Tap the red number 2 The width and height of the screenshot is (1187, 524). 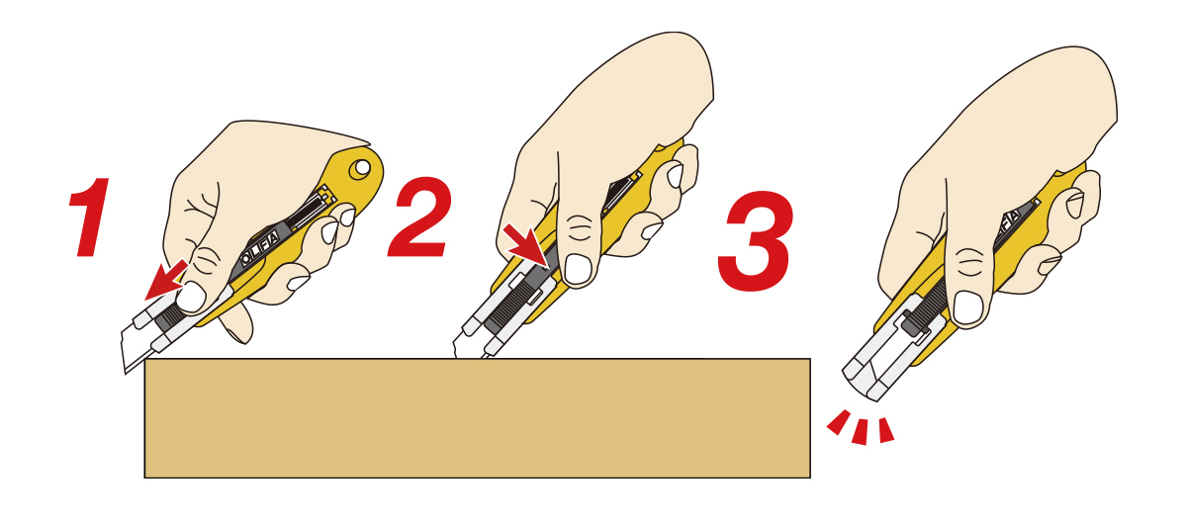pos(419,218)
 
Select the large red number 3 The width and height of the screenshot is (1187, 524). pos(756,241)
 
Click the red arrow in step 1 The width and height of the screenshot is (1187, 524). pos(166,279)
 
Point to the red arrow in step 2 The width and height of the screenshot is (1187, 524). pos(526,245)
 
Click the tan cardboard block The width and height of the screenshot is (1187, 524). pos(478,418)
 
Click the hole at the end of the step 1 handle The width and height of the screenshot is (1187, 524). pos(361,167)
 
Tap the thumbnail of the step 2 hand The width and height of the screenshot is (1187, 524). pos(578,269)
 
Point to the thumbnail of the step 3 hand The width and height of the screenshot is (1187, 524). pos(967,307)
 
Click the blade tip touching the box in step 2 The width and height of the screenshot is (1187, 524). pos(455,356)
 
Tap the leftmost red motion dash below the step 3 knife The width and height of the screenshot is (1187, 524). pos(839,422)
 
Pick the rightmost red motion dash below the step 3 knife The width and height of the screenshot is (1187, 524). pos(886,430)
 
